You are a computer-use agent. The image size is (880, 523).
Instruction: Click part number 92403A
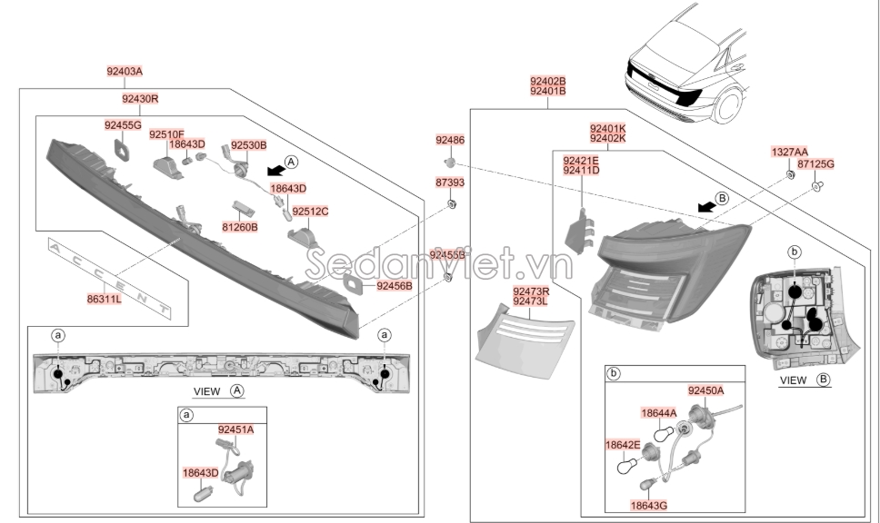click(x=125, y=70)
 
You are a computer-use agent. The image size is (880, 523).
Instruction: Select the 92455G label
click(x=123, y=124)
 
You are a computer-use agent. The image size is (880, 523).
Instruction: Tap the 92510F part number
click(x=166, y=134)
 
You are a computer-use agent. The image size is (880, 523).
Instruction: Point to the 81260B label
click(x=240, y=226)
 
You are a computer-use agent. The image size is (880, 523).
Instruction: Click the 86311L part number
click(x=105, y=297)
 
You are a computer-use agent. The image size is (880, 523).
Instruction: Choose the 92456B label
click(x=395, y=286)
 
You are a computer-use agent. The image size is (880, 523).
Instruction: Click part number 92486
click(x=449, y=140)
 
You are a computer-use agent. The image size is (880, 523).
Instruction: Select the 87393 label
click(x=449, y=183)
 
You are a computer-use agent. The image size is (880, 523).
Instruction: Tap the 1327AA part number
click(x=789, y=152)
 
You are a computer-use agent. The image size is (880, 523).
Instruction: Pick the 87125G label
click(x=815, y=163)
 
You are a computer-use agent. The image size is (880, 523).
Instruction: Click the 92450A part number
click(x=705, y=390)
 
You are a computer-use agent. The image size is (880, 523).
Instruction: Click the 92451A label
click(x=235, y=429)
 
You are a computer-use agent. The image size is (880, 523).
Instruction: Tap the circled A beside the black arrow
click(x=290, y=163)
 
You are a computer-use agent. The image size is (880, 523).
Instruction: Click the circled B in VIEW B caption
click(x=824, y=380)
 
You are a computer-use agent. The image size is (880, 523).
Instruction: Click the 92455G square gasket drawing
click(x=120, y=149)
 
